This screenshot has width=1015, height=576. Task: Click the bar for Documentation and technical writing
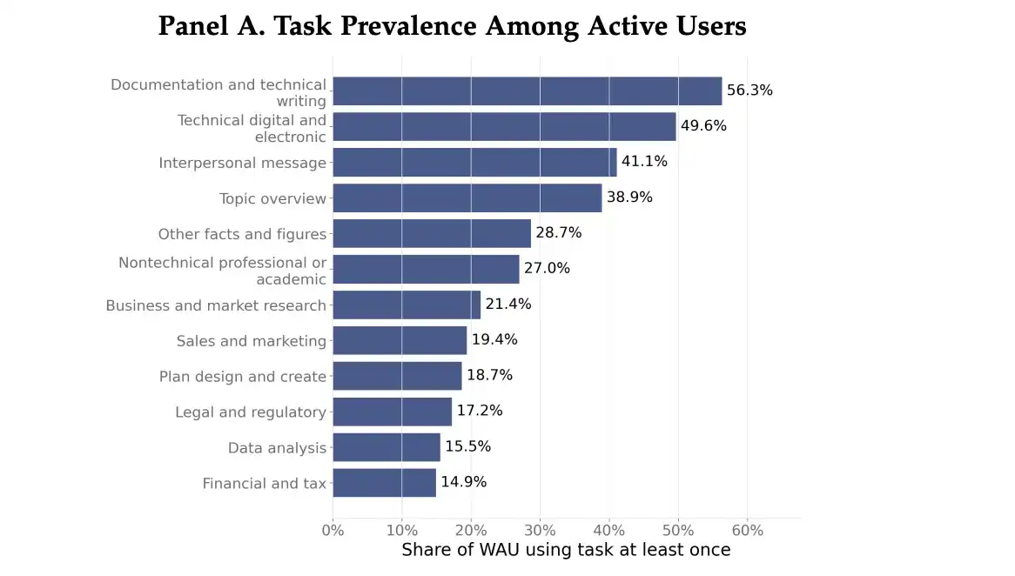point(527,90)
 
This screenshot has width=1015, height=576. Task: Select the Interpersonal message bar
point(474,162)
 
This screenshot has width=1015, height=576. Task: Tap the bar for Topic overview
point(467,198)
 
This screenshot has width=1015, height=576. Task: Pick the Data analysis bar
point(387,447)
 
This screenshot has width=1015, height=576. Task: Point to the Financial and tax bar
point(385,483)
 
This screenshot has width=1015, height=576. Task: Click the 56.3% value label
point(749,90)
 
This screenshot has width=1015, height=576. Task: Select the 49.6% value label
point(703,126)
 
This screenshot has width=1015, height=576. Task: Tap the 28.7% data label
point(559,233)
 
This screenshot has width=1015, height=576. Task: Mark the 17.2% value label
point(480,411)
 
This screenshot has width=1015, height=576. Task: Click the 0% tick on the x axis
point(333,531)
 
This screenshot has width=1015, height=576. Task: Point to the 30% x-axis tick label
point(540,531)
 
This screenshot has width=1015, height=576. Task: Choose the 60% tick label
point(748,531)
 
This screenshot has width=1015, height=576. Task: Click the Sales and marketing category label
point(252,341)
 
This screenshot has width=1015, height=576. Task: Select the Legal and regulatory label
point(251,412)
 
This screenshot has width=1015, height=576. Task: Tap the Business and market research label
point(216,305)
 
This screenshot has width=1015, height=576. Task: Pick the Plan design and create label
point(243,377)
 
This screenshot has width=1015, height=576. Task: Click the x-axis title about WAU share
point(566,550)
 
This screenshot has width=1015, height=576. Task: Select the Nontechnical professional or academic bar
point(426,269)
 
